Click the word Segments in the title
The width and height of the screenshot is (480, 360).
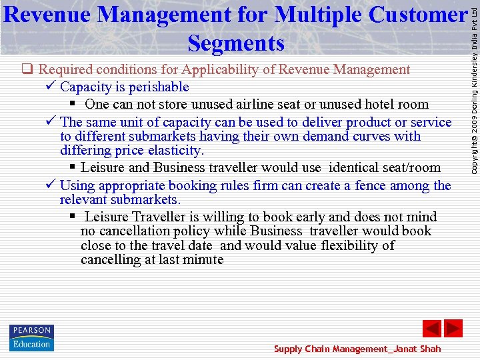point(236,43)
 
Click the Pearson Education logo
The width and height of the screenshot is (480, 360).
point(31,337)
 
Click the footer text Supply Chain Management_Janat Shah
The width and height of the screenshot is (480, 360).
point(357,349)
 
